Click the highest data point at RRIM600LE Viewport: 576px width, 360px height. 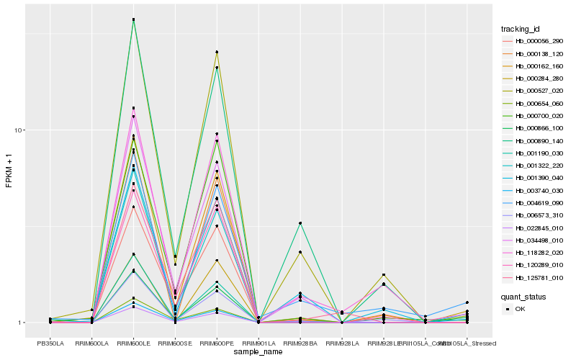(134, 19)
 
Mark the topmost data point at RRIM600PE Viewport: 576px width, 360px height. (217, 52)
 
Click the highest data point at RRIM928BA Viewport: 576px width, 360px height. (300, 223)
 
